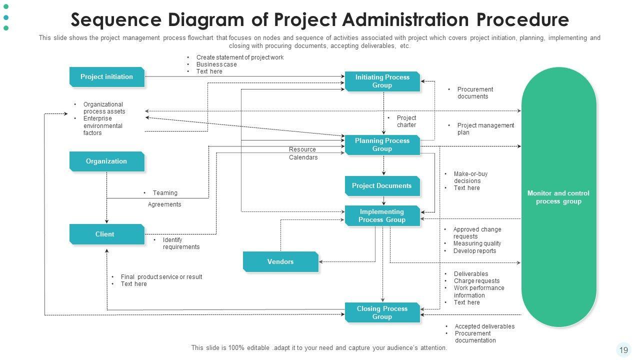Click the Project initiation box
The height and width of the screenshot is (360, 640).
pos(106,77)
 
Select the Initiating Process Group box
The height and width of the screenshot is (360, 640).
pos(382,81)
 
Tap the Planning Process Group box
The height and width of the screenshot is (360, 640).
pos(382,144)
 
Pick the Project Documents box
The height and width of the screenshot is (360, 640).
pos(382,186)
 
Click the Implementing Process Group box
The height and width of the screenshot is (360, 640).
pos(382,215)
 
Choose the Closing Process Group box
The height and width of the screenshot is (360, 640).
pos(382,312)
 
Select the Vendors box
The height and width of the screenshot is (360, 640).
pos(280,261)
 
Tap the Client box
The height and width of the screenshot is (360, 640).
pos(106,234)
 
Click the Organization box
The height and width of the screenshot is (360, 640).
pos(106,161)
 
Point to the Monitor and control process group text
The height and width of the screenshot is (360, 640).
pos(558,197)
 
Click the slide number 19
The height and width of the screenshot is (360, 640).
pos(623,350)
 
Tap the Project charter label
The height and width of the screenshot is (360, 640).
pos(406,121)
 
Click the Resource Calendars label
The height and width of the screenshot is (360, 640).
pos(303,153)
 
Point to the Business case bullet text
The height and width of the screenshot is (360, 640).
pos(216,64)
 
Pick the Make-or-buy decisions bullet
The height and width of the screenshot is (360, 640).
pos(470,177)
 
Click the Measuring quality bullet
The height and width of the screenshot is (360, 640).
pos(477,243)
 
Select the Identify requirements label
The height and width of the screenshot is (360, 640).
pos(180,243)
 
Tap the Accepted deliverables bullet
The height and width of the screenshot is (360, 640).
pos(484,326)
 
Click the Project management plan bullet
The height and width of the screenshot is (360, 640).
pos(485,129)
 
